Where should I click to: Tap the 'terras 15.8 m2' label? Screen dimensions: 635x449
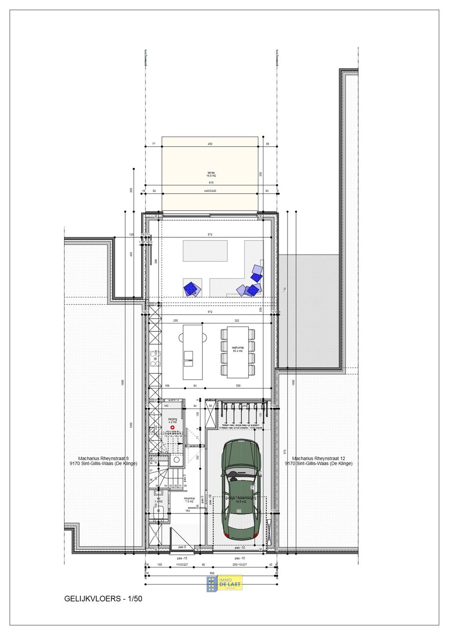click(211, 174)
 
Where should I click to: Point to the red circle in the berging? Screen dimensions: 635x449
click(172, 427)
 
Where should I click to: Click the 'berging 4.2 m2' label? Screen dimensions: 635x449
click(172, 420)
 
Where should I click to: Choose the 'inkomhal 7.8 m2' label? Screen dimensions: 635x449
click(189, 500)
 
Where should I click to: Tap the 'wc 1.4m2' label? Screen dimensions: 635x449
click(159, 500)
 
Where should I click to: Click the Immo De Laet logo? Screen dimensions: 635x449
click(224, 584)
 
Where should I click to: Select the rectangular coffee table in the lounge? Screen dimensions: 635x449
click(205, 251)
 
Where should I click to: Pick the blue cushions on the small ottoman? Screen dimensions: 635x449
click(192, 288)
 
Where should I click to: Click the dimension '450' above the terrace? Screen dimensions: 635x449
click(210, 144)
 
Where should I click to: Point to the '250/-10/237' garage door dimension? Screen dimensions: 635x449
click(240, 564)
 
